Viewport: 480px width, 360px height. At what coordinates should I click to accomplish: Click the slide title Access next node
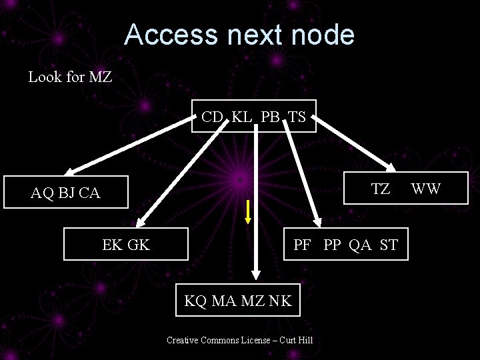point(239,35)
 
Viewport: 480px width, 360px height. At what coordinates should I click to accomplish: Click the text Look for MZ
point(70,77)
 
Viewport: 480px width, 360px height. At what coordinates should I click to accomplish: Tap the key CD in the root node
point(212,117)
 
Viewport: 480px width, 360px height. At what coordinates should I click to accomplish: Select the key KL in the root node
point(242,117)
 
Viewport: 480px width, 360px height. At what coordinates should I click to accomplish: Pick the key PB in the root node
point(270,117)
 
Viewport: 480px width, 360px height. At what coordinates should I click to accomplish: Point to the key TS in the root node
point(297,117)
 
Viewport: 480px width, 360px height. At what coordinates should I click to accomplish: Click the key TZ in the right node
point(381,189)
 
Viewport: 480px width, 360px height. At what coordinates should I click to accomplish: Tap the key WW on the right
point(426,189)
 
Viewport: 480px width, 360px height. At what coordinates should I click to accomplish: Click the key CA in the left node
point(89,193)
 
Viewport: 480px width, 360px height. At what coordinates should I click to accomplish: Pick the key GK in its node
point(139,245)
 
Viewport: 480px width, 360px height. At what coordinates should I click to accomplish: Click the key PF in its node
point(303,245)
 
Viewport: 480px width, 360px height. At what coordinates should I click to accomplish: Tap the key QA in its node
point(360,245)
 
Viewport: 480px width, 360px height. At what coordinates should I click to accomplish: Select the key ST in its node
point(389,245)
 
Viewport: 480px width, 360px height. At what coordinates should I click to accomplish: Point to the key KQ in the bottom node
point(196,301)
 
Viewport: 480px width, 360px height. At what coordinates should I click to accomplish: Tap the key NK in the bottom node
point(280,301)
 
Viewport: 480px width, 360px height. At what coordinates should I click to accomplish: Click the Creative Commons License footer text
point(240,341)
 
